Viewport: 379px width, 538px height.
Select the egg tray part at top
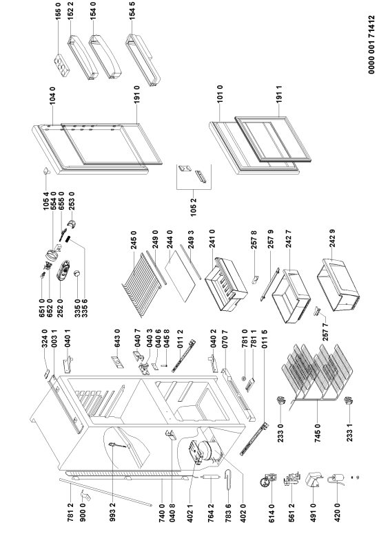tap(63, 65)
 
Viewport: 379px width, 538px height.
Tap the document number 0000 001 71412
tap(371, 45)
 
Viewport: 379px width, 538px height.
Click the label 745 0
tap(318, 433)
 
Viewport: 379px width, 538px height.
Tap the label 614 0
tap(272, 513)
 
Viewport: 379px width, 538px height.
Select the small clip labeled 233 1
tap(349, 400)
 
